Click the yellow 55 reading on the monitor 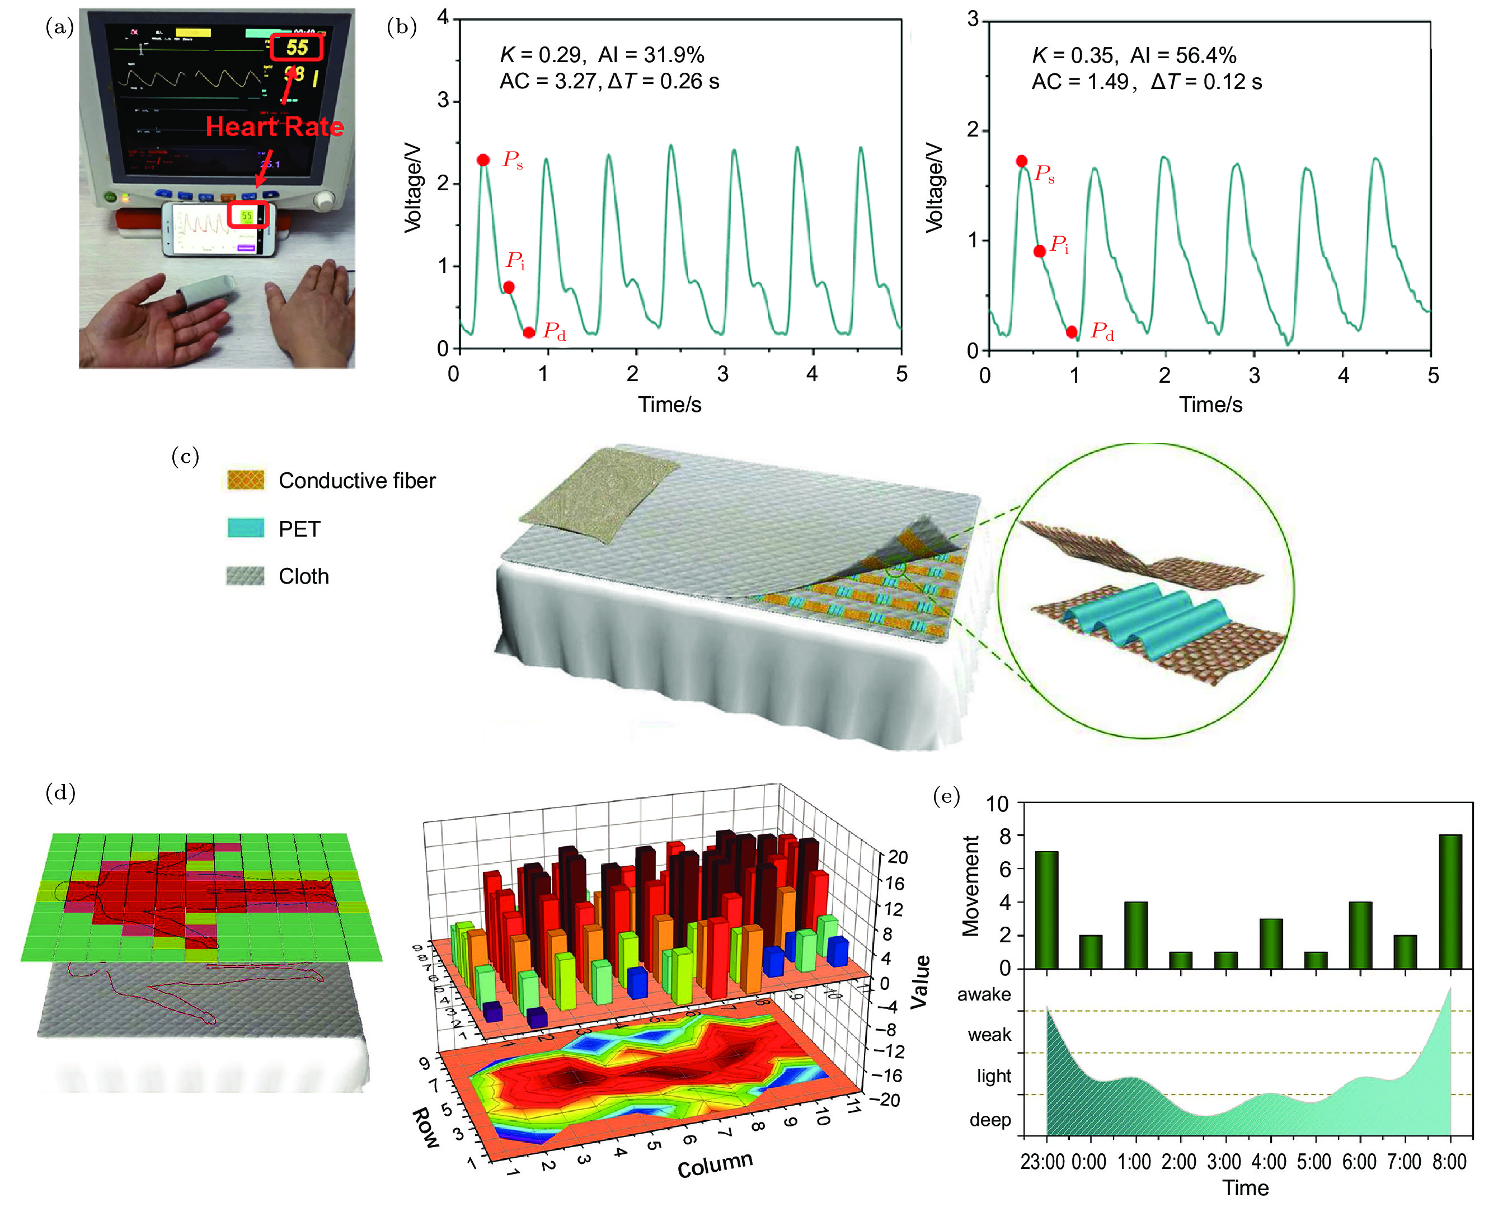coord(296,47)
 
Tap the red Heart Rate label coord(275,126)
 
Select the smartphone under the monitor coord(218,228)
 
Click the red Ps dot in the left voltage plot coord(483,161)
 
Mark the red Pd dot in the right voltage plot coord(1071,332)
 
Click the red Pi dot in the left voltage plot coord(509,287)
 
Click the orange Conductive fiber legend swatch coord(246,480)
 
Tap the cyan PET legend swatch coord(246,528)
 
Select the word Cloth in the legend coord(304,576)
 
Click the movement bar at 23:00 coord(1046,909)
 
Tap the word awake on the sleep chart coord(984,994)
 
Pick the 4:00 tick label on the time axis coord(1269,1162)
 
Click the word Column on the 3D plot coord(715,1164)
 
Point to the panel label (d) coord(60,792)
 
